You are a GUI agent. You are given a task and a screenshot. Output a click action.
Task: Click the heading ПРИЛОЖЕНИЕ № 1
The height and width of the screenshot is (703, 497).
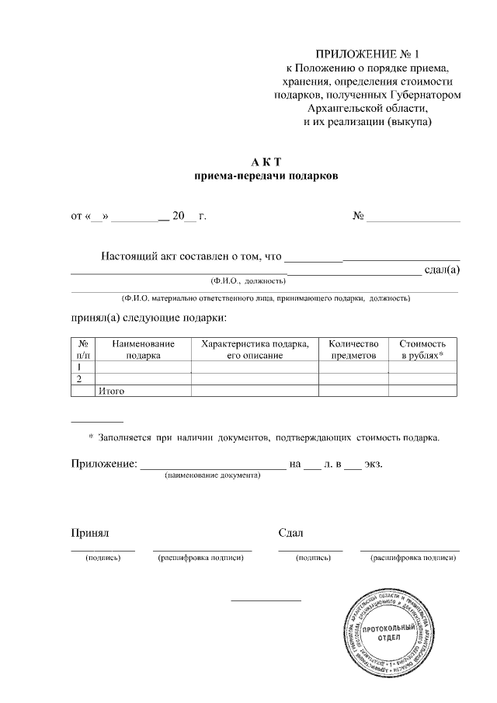(366, 54)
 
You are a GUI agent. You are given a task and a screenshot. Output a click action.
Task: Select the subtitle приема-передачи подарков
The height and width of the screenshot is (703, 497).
(266, 176)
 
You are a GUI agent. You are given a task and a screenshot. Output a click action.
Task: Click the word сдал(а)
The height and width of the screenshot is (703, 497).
(443, 270)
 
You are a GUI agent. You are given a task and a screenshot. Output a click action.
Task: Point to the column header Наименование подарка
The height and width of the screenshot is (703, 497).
(143, 349)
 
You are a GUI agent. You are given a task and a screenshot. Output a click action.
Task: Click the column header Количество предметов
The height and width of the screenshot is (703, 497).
(353, 349)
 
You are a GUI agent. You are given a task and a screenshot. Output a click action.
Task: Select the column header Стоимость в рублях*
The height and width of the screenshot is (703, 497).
(422, 349)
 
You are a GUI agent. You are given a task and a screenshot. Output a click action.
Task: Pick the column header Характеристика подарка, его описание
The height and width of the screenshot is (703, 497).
(254, 349)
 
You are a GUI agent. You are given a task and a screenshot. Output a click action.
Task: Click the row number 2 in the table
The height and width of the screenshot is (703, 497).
(79, 378)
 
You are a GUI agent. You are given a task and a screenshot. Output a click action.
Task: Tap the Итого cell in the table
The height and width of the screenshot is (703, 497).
(112, 391)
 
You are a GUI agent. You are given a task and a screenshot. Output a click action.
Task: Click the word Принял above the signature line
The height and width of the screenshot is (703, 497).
(89, 533)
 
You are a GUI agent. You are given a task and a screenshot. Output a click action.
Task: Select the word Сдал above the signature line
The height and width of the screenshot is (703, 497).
(290, 533)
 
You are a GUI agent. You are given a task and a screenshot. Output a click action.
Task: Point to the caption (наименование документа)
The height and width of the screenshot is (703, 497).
(212, 475)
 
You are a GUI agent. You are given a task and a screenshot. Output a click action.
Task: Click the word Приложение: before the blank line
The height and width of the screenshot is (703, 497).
(103, 464)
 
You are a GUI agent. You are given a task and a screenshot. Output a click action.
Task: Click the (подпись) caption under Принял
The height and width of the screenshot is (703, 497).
(103, 558)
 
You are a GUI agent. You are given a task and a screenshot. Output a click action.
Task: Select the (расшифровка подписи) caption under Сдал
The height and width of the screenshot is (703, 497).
(410, 558)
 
